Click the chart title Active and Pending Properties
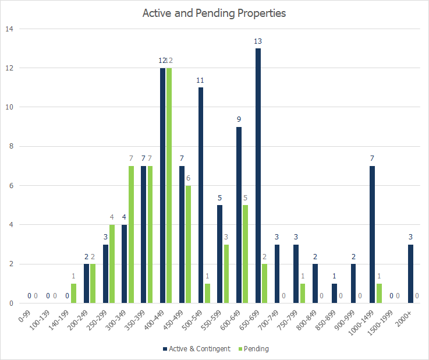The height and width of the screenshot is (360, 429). click(x=214, y=13)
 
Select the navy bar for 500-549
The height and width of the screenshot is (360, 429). click(x=201, y=195)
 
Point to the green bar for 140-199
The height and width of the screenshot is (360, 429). click(x=73, y=293)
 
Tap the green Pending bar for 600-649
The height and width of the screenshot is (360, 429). click(x=246, y=254)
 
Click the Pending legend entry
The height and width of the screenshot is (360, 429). click(x=253, y=349)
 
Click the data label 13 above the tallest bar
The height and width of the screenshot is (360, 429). click(x=258, y=41)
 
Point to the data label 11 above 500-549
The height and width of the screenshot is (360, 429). click(x=201, y=80)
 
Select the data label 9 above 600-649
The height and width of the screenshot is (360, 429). click(x=239, y=119)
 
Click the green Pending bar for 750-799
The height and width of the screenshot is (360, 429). click(x=303, y=293)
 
